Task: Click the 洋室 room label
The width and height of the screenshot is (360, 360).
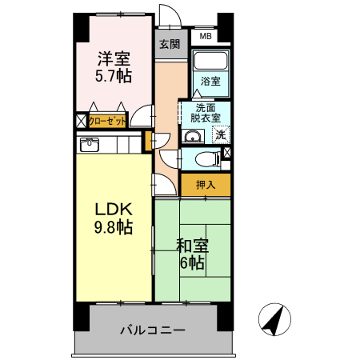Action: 114,58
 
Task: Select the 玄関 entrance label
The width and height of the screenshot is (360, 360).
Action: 169,44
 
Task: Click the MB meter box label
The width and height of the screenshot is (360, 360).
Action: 206,36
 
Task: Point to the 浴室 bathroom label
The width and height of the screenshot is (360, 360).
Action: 210,82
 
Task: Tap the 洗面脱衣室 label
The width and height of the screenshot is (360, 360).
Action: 206,113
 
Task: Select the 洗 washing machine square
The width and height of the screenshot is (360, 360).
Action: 221,134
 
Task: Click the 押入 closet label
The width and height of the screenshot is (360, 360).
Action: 206,185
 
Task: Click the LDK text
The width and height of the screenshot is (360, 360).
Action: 114,209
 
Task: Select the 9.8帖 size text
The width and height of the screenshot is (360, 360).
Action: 114,227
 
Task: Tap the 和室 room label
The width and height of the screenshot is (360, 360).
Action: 193,245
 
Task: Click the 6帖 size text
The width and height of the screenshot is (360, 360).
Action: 192,263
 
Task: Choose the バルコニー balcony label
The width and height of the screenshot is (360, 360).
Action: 153,330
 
